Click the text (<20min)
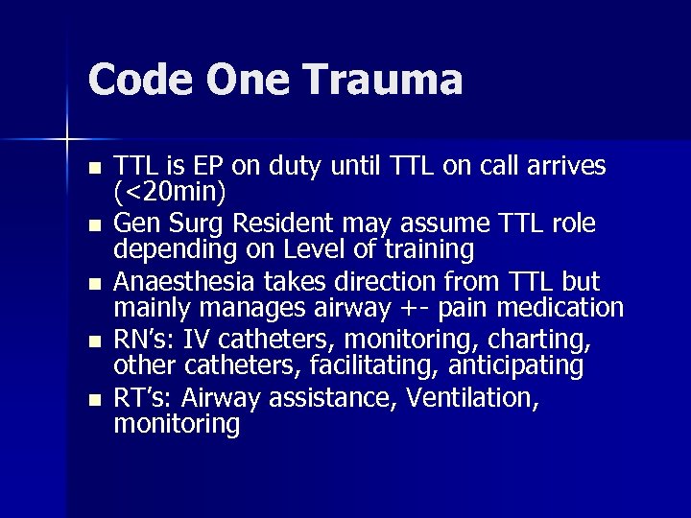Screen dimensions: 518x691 click(170, 192)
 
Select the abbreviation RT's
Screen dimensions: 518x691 click(141, 398)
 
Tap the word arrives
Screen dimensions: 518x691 click(566, 166)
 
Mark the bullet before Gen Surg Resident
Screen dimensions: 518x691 click(93, 226)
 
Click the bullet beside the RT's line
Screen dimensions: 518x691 click(93, 400)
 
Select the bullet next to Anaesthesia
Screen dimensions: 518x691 click(93, 284)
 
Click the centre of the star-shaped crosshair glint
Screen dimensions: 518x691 click(67, 140)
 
